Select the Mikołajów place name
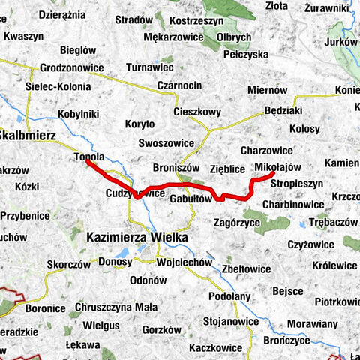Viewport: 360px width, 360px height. point(277,166)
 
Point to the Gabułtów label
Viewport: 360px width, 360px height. point(191,199)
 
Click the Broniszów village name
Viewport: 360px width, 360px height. point(174,169)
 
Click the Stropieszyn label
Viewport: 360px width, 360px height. point(296,182)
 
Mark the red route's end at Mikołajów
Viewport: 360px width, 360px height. point(271,175)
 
